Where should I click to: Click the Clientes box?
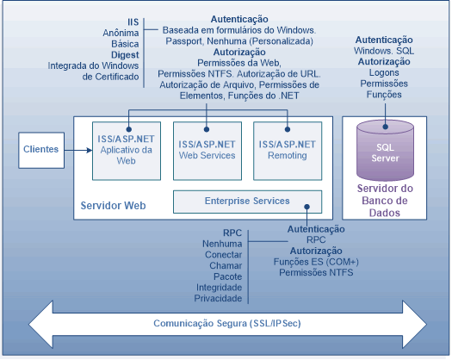41,151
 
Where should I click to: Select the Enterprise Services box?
247,202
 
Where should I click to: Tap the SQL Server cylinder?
385,151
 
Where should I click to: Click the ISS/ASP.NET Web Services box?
207,151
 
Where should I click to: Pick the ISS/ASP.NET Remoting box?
288,151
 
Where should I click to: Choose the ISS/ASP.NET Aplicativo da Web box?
127,151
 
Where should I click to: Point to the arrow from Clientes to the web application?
78,151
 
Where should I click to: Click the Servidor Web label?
113,206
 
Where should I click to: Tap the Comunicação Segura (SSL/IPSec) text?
227,323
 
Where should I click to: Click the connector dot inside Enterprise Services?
307,207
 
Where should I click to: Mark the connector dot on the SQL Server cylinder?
386,127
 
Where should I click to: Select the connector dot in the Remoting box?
288,129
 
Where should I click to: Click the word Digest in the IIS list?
125,55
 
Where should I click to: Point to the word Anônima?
121,33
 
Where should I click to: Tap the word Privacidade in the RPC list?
218,298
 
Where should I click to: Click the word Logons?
384,72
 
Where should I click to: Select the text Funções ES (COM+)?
316,262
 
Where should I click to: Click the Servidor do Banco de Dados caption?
385,201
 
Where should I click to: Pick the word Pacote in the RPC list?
228,276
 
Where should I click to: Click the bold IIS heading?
133,22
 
